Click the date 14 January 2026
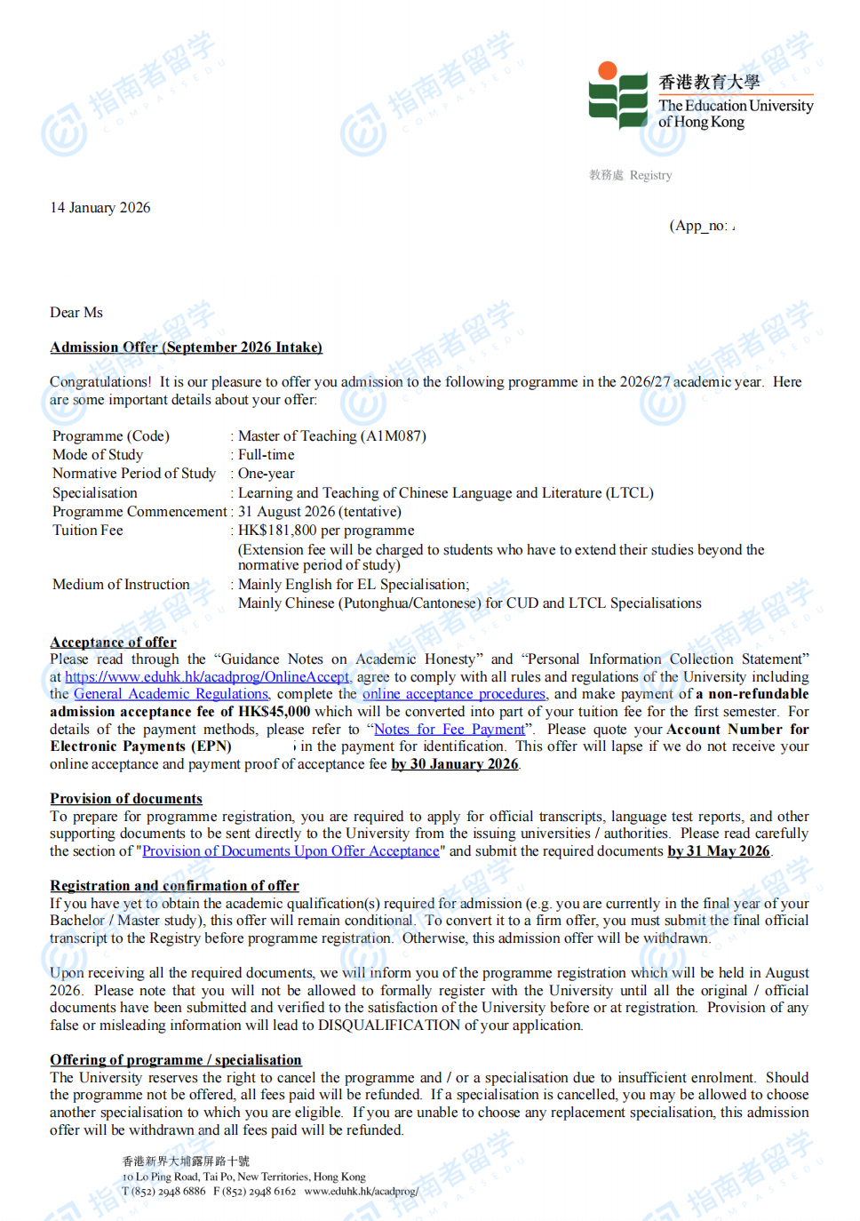(x=100, y=208)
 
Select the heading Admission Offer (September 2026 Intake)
(x=186, y=347)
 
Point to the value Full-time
(x=267, y=455)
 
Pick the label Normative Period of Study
(x=134, y=474)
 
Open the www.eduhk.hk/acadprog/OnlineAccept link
(x=207, y=677)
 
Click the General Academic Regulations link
(x=171, y=694)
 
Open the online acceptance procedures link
(x=454, y=694)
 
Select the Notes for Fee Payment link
(x=450, y=730)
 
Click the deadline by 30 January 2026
(x=455, y=764)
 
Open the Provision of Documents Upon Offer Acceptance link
(x=291, y=851)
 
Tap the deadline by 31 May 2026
(x=719, y=851)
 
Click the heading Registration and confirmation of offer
(x=174, y=886)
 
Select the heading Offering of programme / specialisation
(x=176, y=1060)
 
